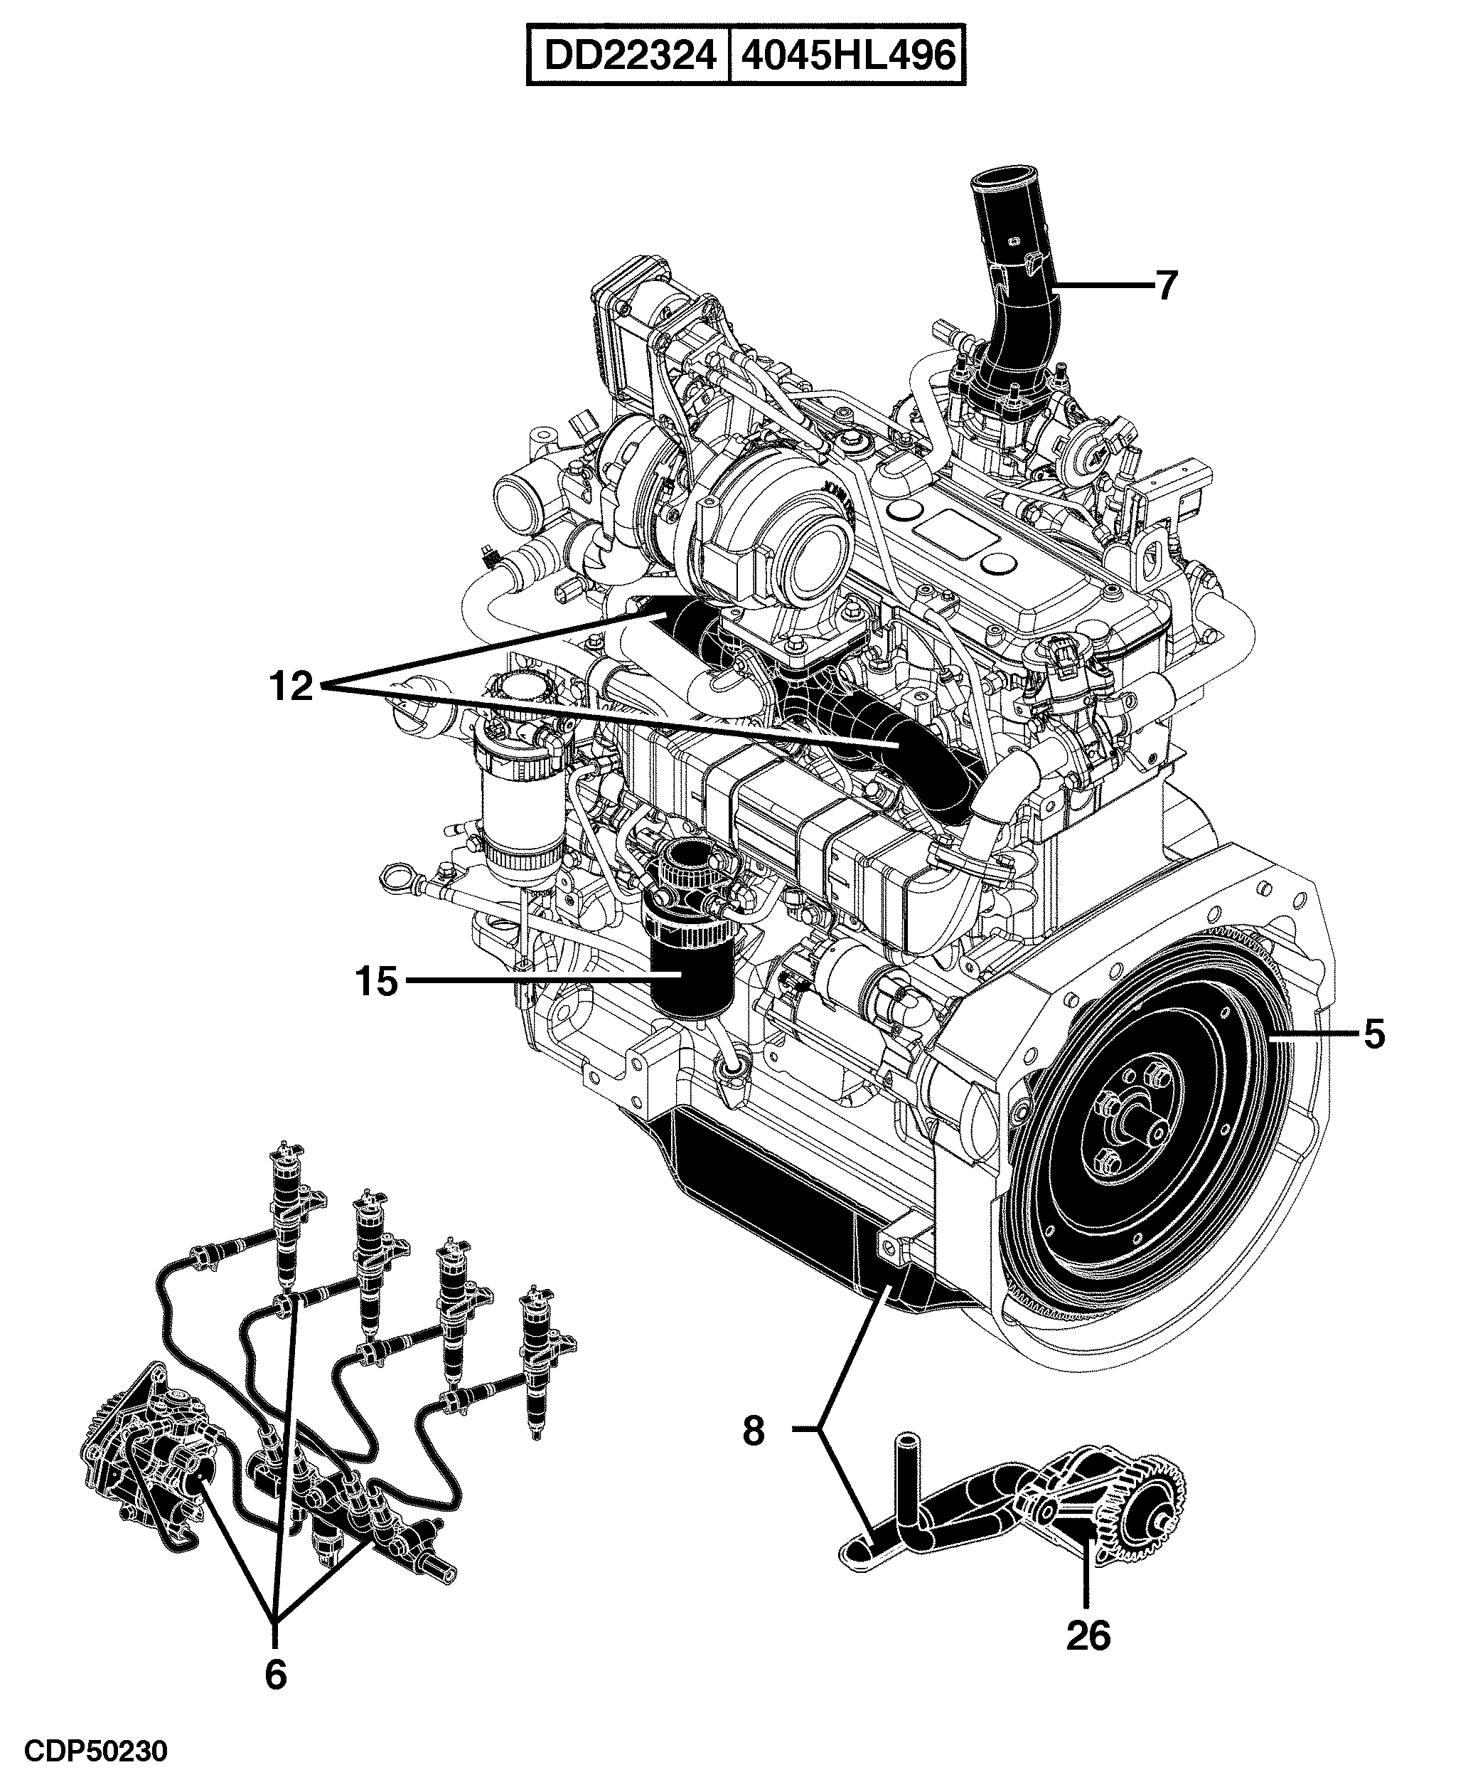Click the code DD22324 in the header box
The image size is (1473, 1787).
tap(628, 56)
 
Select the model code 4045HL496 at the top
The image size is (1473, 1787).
tap(849, 56)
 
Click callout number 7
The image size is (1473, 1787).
tap(1167, 286)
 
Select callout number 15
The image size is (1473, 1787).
tap(377, 982)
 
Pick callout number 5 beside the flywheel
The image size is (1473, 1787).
tap(1373, 1034)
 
